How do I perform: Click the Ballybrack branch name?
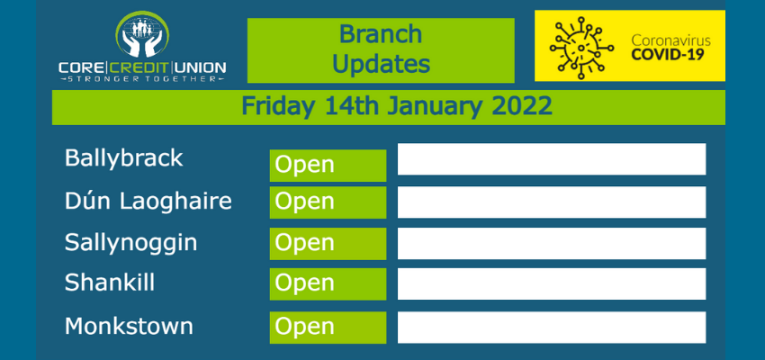[124, 158]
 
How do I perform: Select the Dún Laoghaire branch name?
[148, 201]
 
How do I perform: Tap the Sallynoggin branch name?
[131, 243]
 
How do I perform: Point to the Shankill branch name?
[110, 283]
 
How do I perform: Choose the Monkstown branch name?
[130, 326]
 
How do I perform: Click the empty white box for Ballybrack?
[552, 159]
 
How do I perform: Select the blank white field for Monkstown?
[552, 328]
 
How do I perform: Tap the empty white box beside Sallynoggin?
[552, 243]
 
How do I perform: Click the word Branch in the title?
[381, 34]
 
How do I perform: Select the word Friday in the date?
[278, 107]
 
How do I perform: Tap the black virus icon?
[581, 48]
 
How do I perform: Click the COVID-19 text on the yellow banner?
[668, 55]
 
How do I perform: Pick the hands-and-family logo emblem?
[142, 34]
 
